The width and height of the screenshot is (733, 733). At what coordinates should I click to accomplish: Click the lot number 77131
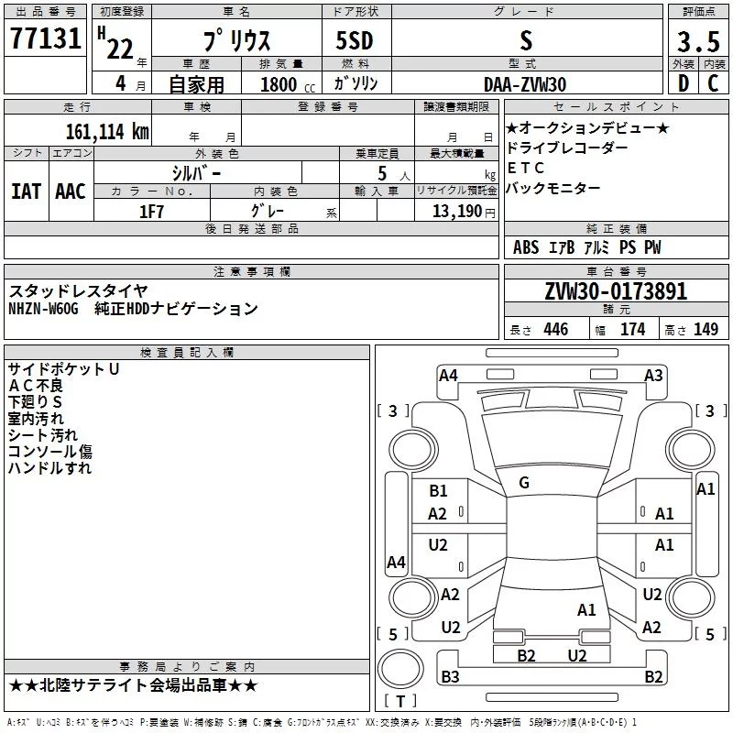point(45,38)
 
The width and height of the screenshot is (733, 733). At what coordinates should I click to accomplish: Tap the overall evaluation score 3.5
point(698,41)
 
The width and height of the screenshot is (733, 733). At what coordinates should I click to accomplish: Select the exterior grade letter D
point(683,83)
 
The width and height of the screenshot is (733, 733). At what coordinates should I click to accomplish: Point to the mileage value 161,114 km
point(107,132)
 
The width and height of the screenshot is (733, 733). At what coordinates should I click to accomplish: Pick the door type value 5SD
point(355,40)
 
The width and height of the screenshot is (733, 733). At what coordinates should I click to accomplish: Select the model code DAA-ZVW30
point(525,84)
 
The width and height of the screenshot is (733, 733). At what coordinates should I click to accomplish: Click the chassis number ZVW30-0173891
point(616,291)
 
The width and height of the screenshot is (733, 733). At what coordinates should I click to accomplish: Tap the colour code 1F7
point(151,212)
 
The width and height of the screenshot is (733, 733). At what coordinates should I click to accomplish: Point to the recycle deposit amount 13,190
point(457,212)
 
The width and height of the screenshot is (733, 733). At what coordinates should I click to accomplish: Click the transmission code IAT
point(27,191)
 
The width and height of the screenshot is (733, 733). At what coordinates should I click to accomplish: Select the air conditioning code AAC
point(71,191)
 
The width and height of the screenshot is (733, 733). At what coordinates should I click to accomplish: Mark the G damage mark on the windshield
point(524,483)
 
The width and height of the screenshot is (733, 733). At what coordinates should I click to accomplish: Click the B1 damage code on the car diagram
point(438,491)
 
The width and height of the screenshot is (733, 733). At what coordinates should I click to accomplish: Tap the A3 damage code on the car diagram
point(653,376)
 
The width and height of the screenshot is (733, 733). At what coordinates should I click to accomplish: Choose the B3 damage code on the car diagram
point(450,676)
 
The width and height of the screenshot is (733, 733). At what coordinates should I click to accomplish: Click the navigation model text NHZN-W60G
point(43,309)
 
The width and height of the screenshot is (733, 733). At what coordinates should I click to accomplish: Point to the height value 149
point(706,329)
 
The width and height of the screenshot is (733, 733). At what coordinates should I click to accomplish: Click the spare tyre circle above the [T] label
point(400,669)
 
